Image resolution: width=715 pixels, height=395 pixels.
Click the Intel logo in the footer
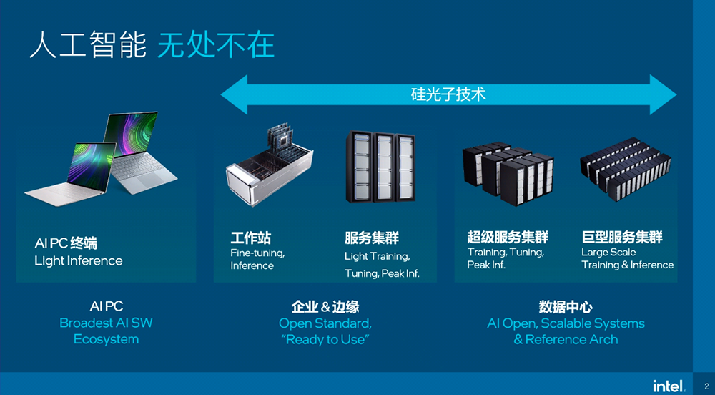tap(669, 385)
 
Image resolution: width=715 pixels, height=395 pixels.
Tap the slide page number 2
tap(706, 385)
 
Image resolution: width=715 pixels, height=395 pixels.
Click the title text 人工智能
tap(83, 46)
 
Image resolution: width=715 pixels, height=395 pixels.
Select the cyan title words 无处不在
tap(216, 46)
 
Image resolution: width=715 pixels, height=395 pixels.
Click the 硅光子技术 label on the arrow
tap(448, 94)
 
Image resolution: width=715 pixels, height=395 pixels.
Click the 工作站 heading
tap(250, 238)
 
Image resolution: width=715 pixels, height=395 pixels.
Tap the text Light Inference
tap(79, 261)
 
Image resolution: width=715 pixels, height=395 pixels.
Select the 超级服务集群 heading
tap(508, 238)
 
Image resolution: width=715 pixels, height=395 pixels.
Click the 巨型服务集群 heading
tap(622, 238)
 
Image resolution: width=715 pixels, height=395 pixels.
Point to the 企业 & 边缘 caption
tap(325, 307)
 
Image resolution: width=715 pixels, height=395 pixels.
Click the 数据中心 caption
tap(566, 307)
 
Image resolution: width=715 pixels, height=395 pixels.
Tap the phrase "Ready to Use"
tap(325, 340)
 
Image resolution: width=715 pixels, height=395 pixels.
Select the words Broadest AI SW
tap(106, 323)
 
